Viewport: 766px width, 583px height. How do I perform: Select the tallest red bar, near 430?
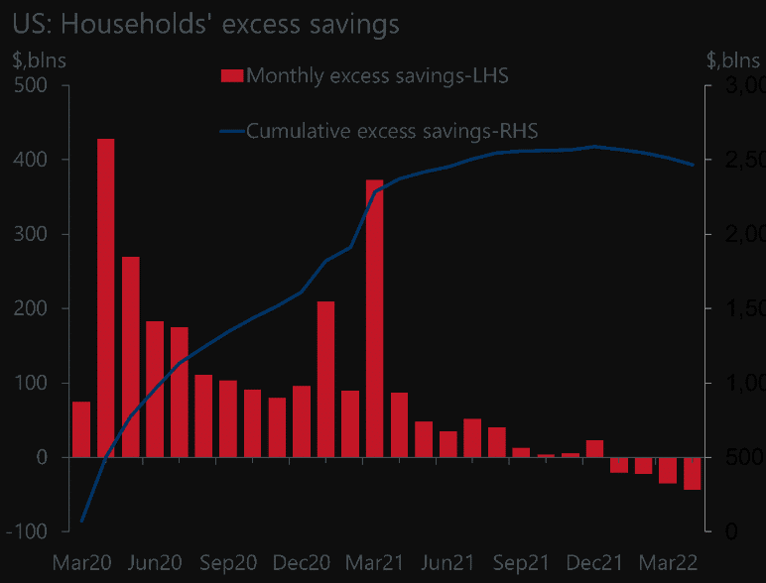click(x=105, y=297)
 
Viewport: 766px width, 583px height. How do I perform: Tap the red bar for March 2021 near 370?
click(x=374, y=317)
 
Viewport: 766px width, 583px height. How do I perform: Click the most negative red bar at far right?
click(x=692, y=473)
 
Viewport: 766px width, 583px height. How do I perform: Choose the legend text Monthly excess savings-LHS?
click(x=377, y=75)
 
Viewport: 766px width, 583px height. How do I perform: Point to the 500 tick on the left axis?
click(x=39, y=85)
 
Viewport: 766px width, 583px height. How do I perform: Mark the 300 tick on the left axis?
click(x=39, y=234)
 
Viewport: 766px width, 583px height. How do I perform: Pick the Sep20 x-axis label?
click(x=227, y=562)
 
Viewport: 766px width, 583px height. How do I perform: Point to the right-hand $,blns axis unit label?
click(x=735, y=59)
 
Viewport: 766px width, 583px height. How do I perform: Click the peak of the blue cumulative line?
click(x=594, y=147)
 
